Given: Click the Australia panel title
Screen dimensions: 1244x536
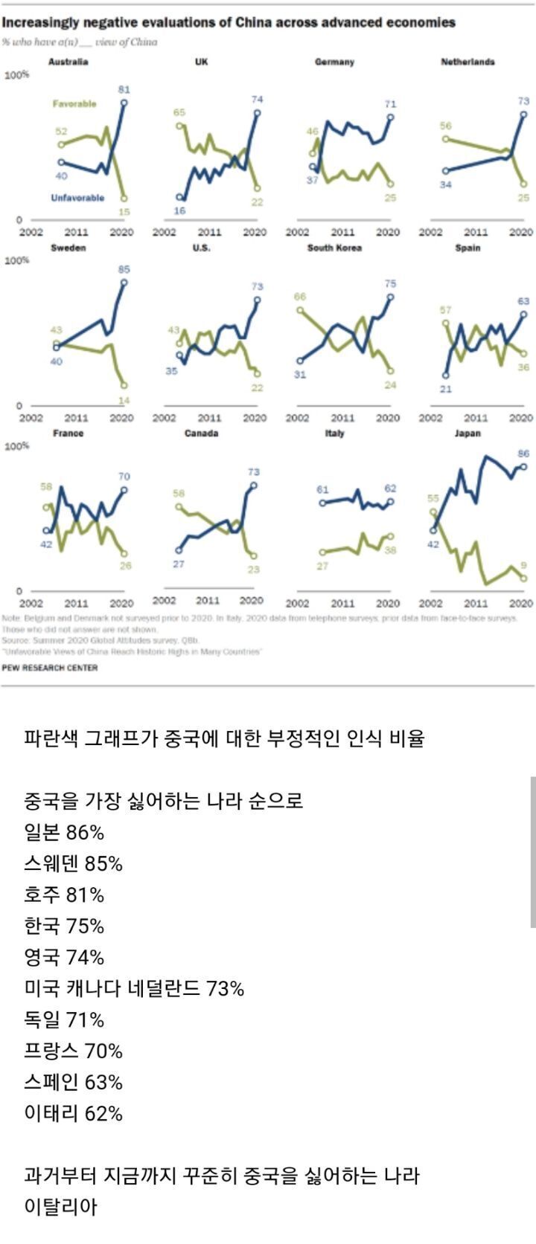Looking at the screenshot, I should (68, 62).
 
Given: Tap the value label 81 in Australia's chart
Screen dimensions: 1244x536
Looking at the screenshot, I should (124, 89).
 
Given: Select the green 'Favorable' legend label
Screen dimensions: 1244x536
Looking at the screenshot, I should (74, 104).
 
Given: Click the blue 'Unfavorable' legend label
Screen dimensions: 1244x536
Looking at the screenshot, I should (77, 198).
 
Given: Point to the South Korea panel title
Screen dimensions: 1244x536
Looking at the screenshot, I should (334, 248).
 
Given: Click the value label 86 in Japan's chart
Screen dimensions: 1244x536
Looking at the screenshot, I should (523, 453).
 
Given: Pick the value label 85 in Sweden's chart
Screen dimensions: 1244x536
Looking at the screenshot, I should (124, 269).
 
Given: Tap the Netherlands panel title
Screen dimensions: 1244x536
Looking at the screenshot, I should (468, 62).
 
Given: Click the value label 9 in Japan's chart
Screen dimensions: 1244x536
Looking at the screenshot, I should (523, 565).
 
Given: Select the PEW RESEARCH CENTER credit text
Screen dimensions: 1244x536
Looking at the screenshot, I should (50, 667).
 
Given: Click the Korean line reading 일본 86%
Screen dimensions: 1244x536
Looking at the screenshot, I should (64, 832).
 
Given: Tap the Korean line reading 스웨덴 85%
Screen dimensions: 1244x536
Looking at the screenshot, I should (73, 863).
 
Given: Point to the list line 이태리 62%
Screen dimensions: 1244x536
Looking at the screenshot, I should (73, 1113).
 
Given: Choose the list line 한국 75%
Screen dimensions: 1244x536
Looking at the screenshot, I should (64, 926).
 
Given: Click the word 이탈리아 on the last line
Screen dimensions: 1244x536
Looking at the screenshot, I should (61, 1207).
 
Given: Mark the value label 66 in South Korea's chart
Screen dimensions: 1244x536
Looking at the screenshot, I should (300, 297).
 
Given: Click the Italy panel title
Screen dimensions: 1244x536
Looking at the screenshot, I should (334, 434).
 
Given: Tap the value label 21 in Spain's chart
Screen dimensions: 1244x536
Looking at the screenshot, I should (444, 388).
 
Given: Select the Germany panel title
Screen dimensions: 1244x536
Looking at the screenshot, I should (334, 62).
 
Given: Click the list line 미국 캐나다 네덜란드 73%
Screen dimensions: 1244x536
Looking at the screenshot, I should (134, 988).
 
